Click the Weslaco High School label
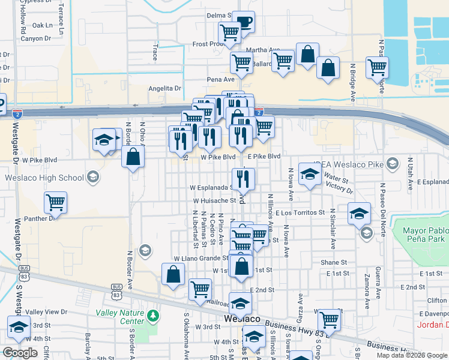[x=44, y=178]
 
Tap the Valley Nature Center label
[x=119, y=317]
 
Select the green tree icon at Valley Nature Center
[x=154, y=314]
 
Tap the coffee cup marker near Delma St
[x=244, y=23]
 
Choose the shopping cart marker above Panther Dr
[x=55, y=203]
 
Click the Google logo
[x=20, y=353]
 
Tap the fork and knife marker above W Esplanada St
[x=243, y=178]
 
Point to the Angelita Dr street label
[x=165, y=88]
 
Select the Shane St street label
[x=334, y=262]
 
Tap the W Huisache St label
[x=214, y=200]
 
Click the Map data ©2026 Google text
[x=411, y=355]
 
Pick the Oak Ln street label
[x=43, y=26]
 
